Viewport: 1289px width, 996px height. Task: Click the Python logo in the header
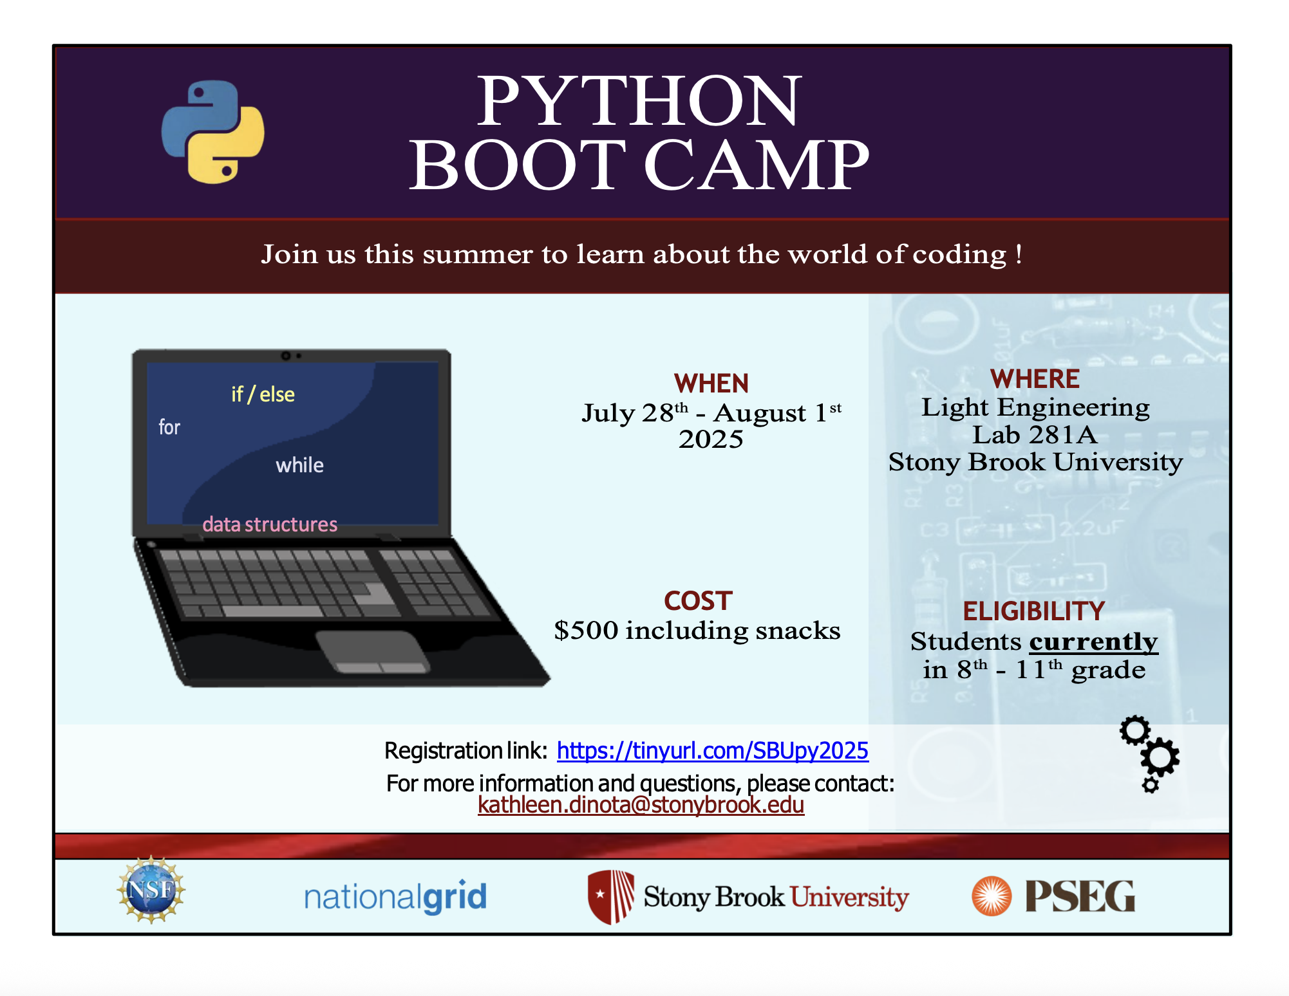(x=212, y=132)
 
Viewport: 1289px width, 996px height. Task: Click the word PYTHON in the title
(x=639, y=101)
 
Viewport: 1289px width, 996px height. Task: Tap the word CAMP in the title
(x=757, y=165)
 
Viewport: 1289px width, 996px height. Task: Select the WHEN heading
(x=711, y=383)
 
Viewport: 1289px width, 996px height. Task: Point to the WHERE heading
(x=1035, y=379)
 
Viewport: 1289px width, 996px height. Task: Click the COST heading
(x=698, y=601)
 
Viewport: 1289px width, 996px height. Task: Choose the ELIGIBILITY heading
(x=1034, y=611)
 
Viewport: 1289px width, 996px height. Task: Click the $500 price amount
(x=586, y=631)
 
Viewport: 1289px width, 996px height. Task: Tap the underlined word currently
(x=1093, y=642)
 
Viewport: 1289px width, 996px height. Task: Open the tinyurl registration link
(x=713, y=751)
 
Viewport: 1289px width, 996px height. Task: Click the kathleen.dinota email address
(x=641, y=805)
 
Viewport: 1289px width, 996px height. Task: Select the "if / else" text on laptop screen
(x=263, y=394)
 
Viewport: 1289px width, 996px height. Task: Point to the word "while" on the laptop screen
(x=300, y=465)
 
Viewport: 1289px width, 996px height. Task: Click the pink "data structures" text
(x=270, y=524)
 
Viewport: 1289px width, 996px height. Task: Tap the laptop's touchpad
(x=372, y=652)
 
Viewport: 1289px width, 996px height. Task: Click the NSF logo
(x=151, y=890)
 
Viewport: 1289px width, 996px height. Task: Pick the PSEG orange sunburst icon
(x=992, y=896)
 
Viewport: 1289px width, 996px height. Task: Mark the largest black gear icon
(x=1160, y=757)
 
